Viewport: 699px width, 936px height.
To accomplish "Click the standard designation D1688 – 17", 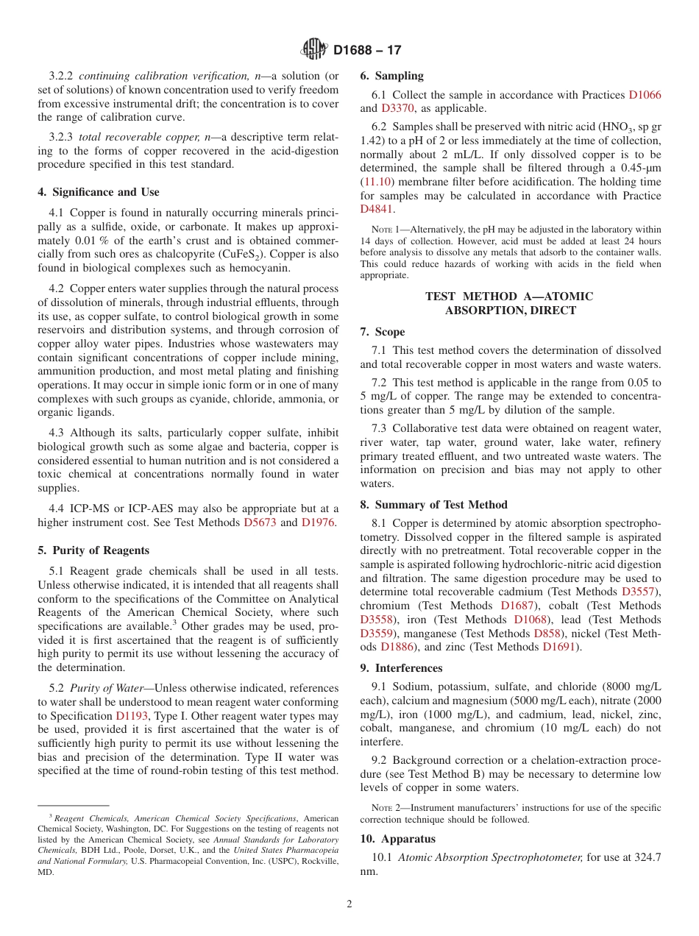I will coord(366,51).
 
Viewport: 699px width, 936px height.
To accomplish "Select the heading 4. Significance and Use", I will coord(99,192).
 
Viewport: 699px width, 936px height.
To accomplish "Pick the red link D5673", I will coord(260,523).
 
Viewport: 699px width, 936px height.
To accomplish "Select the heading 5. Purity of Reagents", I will coord(93,550).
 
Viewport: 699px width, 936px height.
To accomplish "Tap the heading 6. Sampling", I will coord(392,76).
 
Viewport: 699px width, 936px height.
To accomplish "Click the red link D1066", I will coord(645,95).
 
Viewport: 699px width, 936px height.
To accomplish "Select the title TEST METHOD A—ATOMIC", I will coord(509,297).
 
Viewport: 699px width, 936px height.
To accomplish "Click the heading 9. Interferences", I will coord(402,668).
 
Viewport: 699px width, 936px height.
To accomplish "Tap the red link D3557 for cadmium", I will coord(639,592).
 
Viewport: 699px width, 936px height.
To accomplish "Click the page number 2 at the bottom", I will coord(349,904).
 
